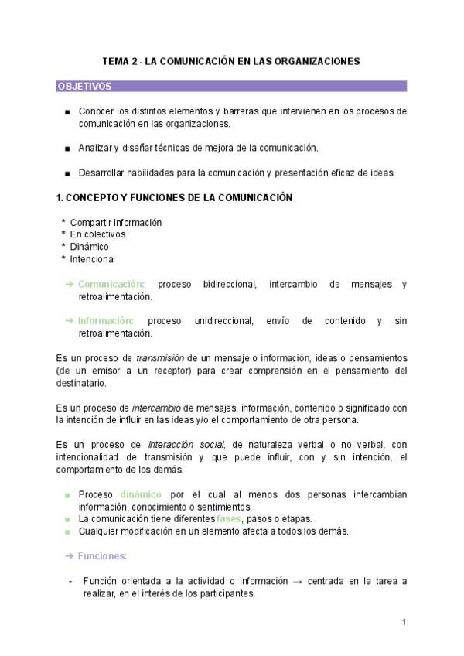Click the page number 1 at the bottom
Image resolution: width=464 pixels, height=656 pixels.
click(404, 622)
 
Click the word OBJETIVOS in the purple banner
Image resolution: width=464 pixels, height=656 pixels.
click(84, 87)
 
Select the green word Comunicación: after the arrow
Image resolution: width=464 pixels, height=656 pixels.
click(111, 285)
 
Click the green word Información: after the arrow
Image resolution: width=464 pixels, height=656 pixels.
click(106, 321)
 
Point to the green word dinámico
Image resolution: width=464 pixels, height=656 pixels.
click(141, 494)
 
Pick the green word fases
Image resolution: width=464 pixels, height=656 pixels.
click(229, 518)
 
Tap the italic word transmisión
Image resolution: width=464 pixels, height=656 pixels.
click(159, 358)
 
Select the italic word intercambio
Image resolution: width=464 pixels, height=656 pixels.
click(156, 408)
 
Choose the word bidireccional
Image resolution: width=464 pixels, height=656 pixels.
click(229, 285)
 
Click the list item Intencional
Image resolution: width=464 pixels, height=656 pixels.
click(92, 259)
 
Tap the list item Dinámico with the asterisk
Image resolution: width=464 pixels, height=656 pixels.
click(89, 247)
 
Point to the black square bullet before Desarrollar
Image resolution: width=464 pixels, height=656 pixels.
click(68, 173)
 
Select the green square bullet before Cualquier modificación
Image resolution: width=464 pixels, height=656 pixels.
click(68, 531)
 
